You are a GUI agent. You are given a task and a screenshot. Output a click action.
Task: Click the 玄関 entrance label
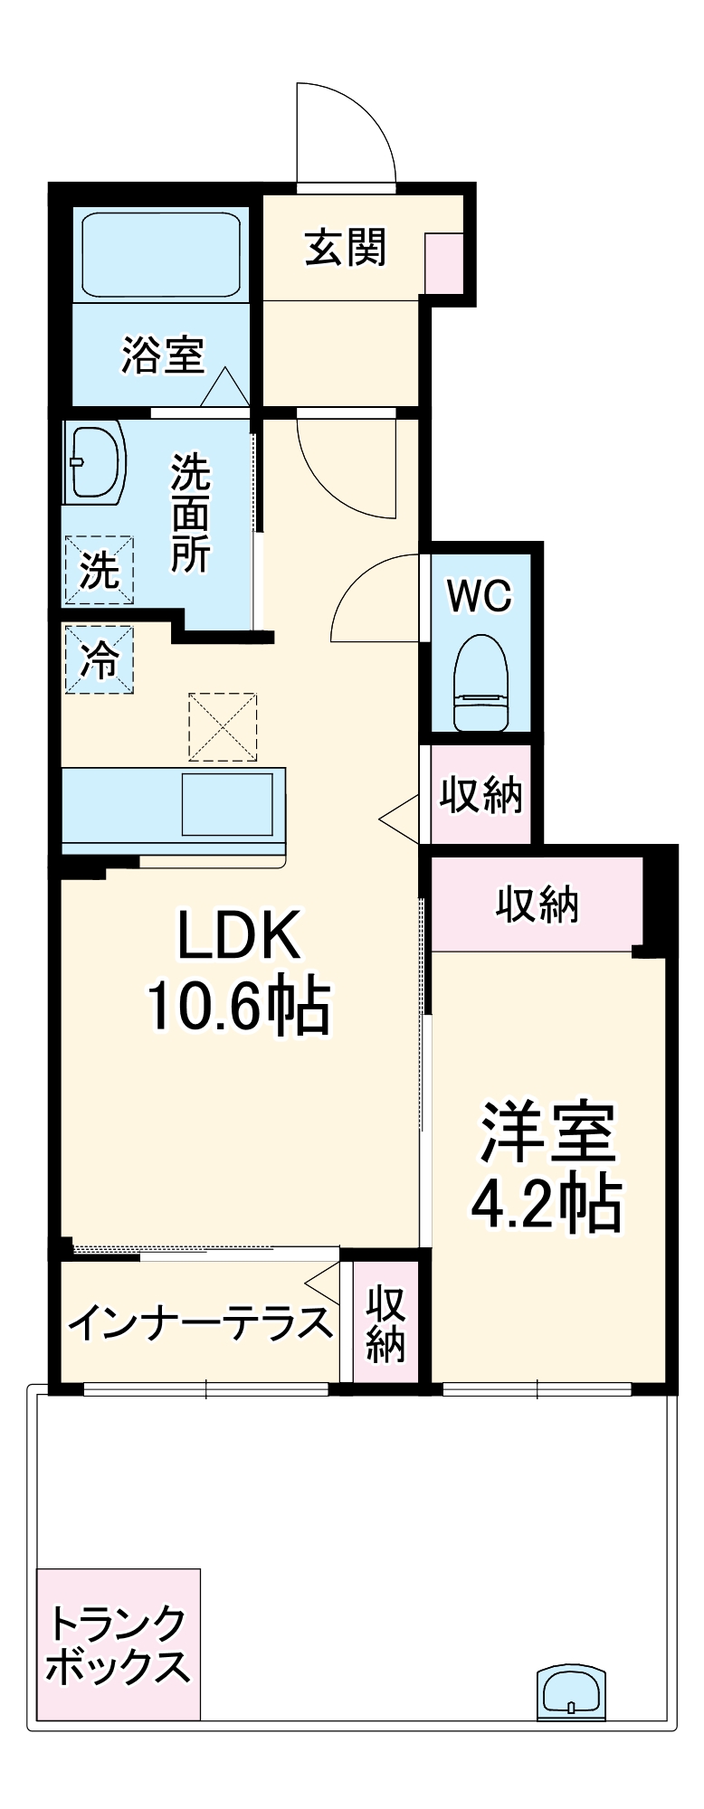click(x=345, y=247)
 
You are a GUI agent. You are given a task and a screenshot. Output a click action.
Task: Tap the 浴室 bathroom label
click(x=163, y=355)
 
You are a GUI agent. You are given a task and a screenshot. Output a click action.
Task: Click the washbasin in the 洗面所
click(x=93, y=464)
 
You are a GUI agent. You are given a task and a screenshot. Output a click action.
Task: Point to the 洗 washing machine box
click(x=99, y=571)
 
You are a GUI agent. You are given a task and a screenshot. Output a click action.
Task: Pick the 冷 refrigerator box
click(x=99, y=660)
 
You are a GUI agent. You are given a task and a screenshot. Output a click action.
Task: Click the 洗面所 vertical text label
click(x=191, y=514)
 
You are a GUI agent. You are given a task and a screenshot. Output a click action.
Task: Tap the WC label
click(x=480, y=596)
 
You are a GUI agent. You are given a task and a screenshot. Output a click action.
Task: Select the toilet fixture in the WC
click(x=480, y=681)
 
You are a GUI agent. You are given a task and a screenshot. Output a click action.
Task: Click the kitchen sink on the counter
click(x=226, y=803)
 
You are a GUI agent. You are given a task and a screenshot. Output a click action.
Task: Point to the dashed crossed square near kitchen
click(x=223, y=726)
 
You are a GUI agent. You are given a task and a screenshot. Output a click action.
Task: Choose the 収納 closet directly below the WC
click(x=480, y=794)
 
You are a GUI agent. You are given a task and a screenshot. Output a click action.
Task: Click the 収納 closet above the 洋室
click(x=536, y=904)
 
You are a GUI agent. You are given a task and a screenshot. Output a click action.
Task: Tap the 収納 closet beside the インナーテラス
click(x=385, y=1323)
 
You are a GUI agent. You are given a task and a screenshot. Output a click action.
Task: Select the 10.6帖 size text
click(x=238, y=1006)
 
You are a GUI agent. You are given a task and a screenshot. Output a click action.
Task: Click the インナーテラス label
click(x=200, y=1323)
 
